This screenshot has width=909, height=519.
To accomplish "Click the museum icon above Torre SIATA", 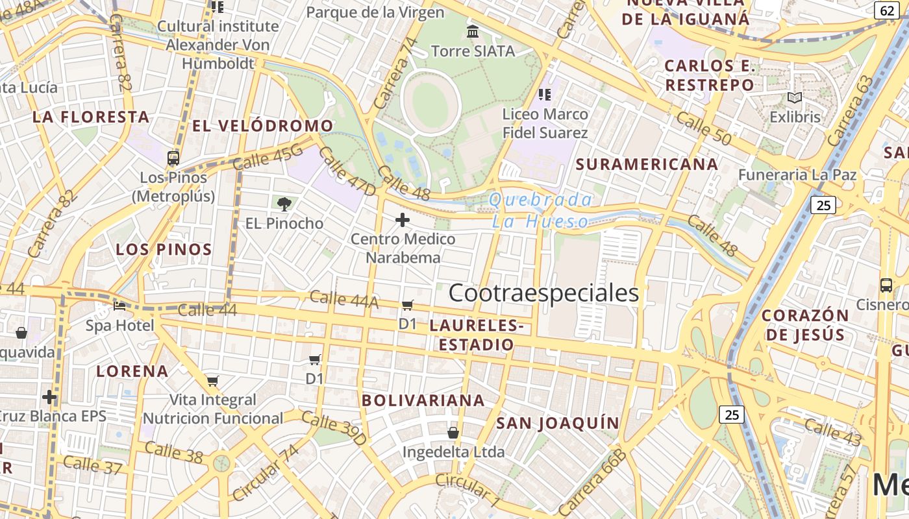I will click(x=473, y=31).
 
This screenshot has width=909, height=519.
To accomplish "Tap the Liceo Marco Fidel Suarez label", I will click(x=545, y=123).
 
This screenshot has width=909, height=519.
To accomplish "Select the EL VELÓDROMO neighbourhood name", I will click(x=262, y=126).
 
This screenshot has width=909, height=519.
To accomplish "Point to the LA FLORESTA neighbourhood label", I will click(x=91, y=117).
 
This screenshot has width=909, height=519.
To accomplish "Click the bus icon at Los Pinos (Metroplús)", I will click(x=173, y=158).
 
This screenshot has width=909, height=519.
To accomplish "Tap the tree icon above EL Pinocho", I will click(x=284, y=204).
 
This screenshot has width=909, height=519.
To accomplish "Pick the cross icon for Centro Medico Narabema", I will click(x=403, y=221).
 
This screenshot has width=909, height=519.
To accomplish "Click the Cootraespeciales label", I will click(x=543, y=293).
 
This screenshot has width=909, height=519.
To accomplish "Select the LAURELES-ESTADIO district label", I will click(x=477, y=335).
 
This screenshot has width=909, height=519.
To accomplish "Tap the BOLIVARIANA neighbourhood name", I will click(x=423, y=400).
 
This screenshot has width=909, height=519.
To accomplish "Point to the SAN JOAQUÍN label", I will click(x=558, y=424).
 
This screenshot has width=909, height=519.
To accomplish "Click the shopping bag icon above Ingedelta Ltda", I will click(x=453, y=432).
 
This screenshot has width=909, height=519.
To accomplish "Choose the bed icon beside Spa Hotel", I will click(x=119, y=306).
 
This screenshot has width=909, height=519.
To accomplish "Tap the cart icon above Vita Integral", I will click(x=212, y=381).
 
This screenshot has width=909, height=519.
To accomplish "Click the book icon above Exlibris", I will click(x=794, y=98).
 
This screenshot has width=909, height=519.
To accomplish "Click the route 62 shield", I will click(x=887, y=10).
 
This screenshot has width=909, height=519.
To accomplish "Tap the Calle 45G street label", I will click(x=268, y=157).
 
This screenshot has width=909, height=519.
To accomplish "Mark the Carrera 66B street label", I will click(x=593, y=481).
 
